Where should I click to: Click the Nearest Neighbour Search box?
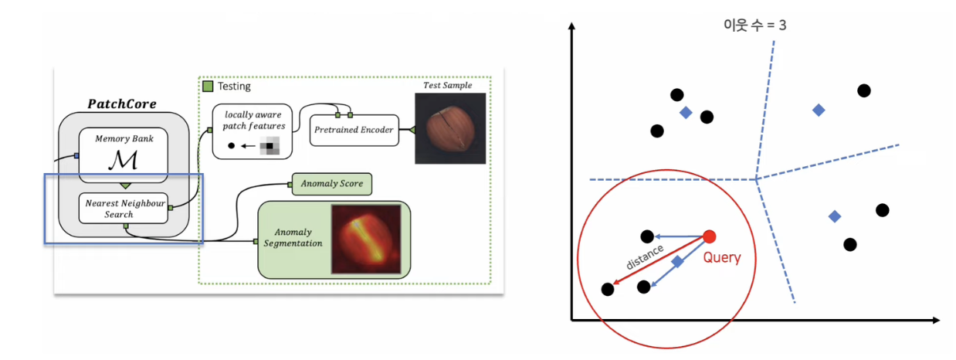click(124, 208)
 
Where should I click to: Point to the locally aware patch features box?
click(251, 131)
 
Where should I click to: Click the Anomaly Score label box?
click(331, 184)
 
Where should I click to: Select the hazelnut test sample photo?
click(450, 128)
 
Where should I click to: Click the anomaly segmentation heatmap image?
click(365, 239)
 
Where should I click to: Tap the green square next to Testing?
click(208, 87)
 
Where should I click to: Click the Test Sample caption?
click(447, 85)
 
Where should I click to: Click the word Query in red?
click(721, 258)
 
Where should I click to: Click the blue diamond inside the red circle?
click(677, 262)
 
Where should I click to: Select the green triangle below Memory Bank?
click(123, 185)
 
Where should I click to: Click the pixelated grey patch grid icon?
click(268, 145)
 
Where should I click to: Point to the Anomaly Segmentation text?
click(294, 238)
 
